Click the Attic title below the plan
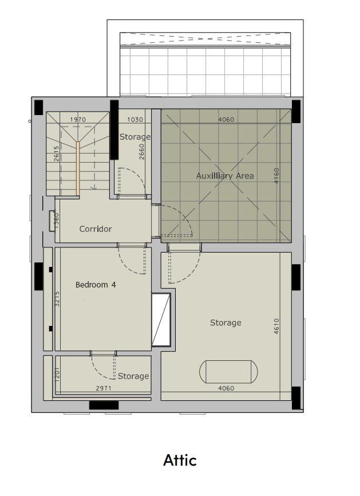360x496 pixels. [180, 460]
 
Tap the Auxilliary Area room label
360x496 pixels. [225, 176]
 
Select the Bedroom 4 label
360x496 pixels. [96, 285]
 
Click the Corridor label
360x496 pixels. [96, 229]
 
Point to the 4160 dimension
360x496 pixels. [276, 176]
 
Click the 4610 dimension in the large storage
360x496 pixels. [276, 326]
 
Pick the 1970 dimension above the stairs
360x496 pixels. [78, 120]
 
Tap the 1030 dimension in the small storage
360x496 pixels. [135, 120]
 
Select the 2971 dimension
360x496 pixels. [104, 388]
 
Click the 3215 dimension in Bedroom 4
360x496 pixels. [57, 298]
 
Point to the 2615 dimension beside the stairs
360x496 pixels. [56, 153]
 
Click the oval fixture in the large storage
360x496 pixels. [228, 372]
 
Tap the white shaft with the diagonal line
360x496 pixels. [161, 320]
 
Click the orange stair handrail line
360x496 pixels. [77, 168]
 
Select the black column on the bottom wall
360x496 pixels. [104, 405]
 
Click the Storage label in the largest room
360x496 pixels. [226, 322]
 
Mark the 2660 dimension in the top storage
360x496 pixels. [141, 152]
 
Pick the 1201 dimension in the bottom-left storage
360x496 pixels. [57, 375]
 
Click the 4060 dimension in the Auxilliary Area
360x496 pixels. [226, 120]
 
